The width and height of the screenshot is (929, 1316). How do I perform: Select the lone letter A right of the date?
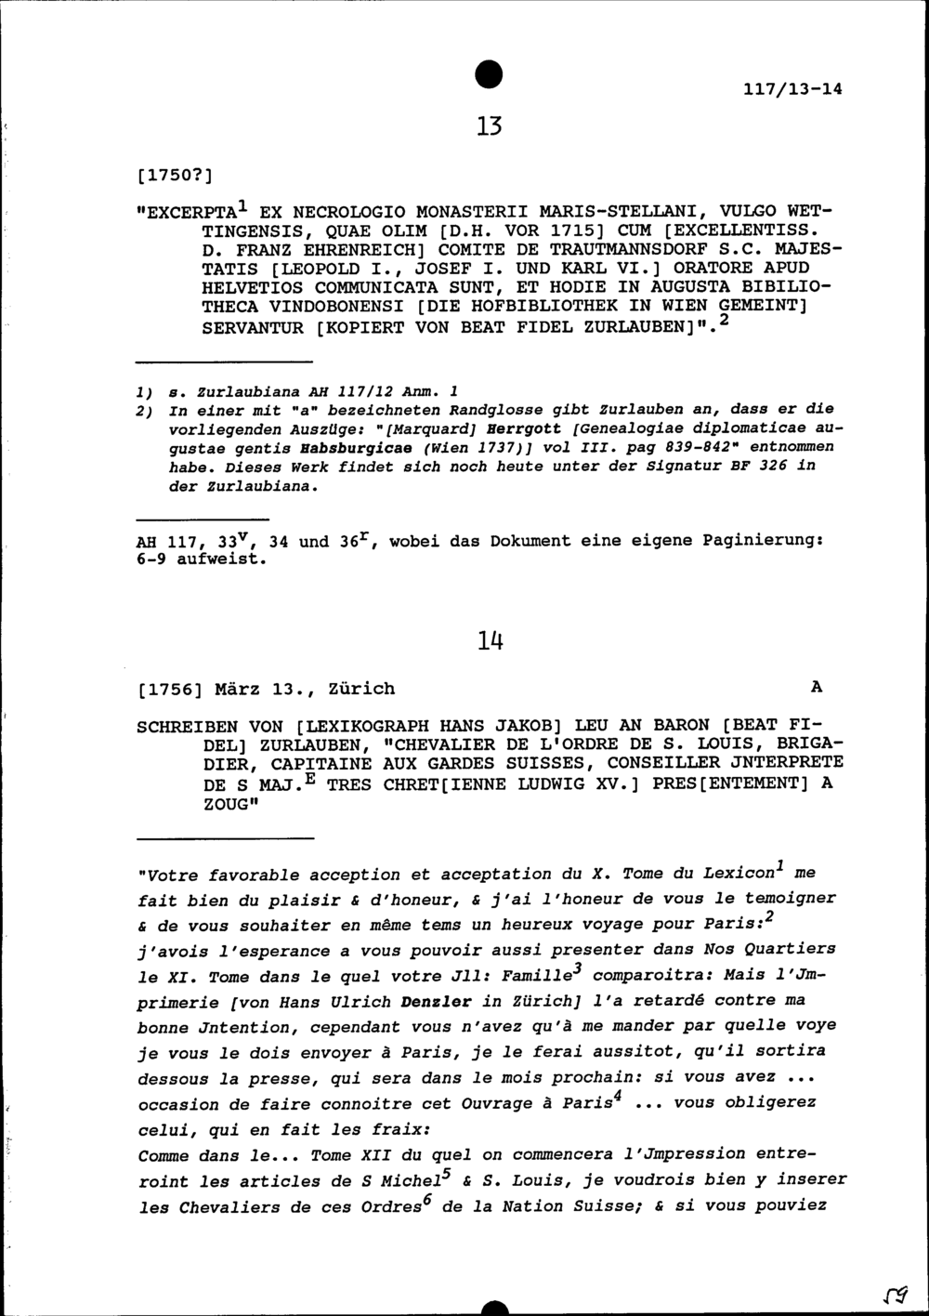tap(817, 688)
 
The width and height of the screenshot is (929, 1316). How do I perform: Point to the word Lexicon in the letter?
tap(739, 875)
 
